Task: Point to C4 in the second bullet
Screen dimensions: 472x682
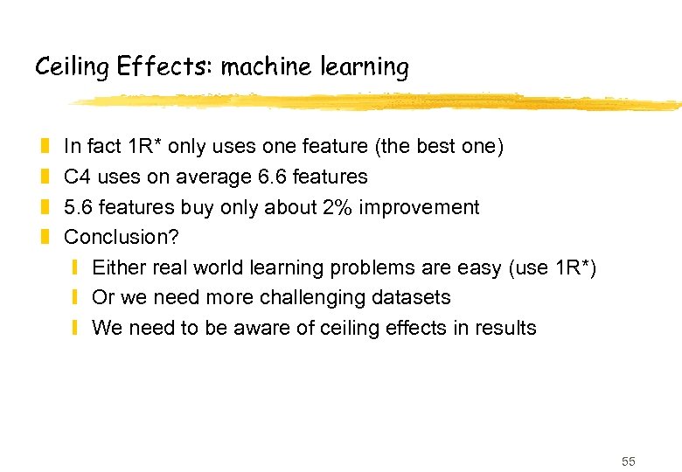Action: point(78,177)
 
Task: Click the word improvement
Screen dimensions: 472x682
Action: point(427,207)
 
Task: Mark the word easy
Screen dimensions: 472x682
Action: point(479,267)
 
